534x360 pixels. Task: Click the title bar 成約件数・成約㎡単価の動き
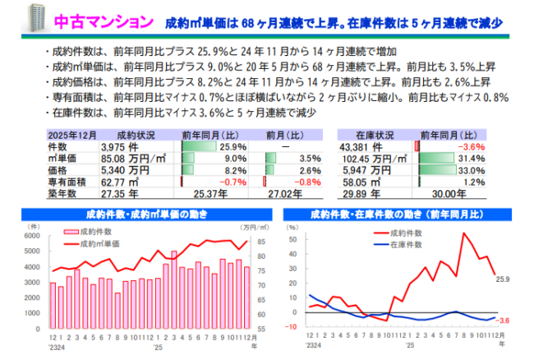145,215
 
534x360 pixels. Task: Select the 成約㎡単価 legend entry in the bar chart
99,244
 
